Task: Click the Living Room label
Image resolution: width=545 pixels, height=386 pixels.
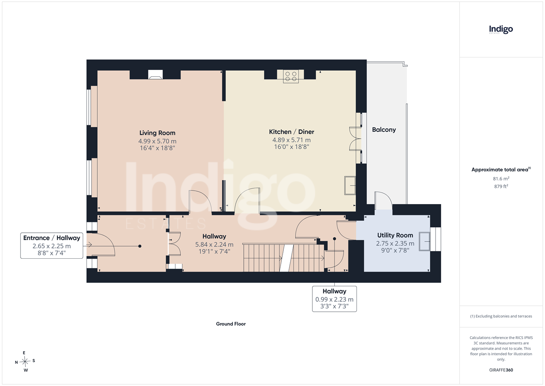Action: pyautogui.click(x=157, y=133)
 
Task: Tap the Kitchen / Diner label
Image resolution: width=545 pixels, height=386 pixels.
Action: pyautogui.click(x=291, y=132)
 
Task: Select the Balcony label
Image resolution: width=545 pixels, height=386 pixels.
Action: pyautogui.click(x=384, y=130)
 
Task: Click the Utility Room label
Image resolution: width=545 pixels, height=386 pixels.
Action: pyautogui.click(x=395, y=235)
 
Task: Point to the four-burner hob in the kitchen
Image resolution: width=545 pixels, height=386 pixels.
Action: pyautogui.click(x=291, y=76)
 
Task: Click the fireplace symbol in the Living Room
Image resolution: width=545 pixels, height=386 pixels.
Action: pyautogui.click(x=155, y=74)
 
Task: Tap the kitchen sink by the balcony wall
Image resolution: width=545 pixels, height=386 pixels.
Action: pyautogui.click(x=350, y=186)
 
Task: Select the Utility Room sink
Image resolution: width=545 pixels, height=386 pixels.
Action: pyautogui.click(x=424, y=241)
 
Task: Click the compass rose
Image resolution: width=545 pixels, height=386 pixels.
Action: pyautogui.click(x=25, y=361)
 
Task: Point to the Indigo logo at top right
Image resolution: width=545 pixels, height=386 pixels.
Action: pyautogui.click(x=501, y=30)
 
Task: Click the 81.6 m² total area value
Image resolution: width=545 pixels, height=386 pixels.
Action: pyautogui.click(x=501, y=179)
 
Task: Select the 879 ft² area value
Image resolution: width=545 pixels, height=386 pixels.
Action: pyautogui.click(x=501, y=186)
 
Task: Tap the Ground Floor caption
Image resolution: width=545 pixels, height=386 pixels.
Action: pyautogui.click(x=231, y=324)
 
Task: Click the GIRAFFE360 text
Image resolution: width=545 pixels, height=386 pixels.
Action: pyautogui.click(x=501, y=370)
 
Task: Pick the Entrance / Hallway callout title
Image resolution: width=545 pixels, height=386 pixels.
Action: pyautogui.click(x=52, y=238)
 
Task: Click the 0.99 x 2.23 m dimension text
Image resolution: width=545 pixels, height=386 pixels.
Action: pyautogui.click(x=334, y=300)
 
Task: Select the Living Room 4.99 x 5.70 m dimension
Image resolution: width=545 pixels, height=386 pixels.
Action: pyautogui.click(x=157, y=141)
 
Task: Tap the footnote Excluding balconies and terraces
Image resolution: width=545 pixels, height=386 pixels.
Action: pyautogui.click(x=501, y=316)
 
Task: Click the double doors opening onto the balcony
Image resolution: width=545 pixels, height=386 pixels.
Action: pyautogui.click(x=356, y=139)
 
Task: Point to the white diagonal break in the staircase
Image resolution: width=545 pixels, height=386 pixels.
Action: pyautogui.click(x=287, y=258)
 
